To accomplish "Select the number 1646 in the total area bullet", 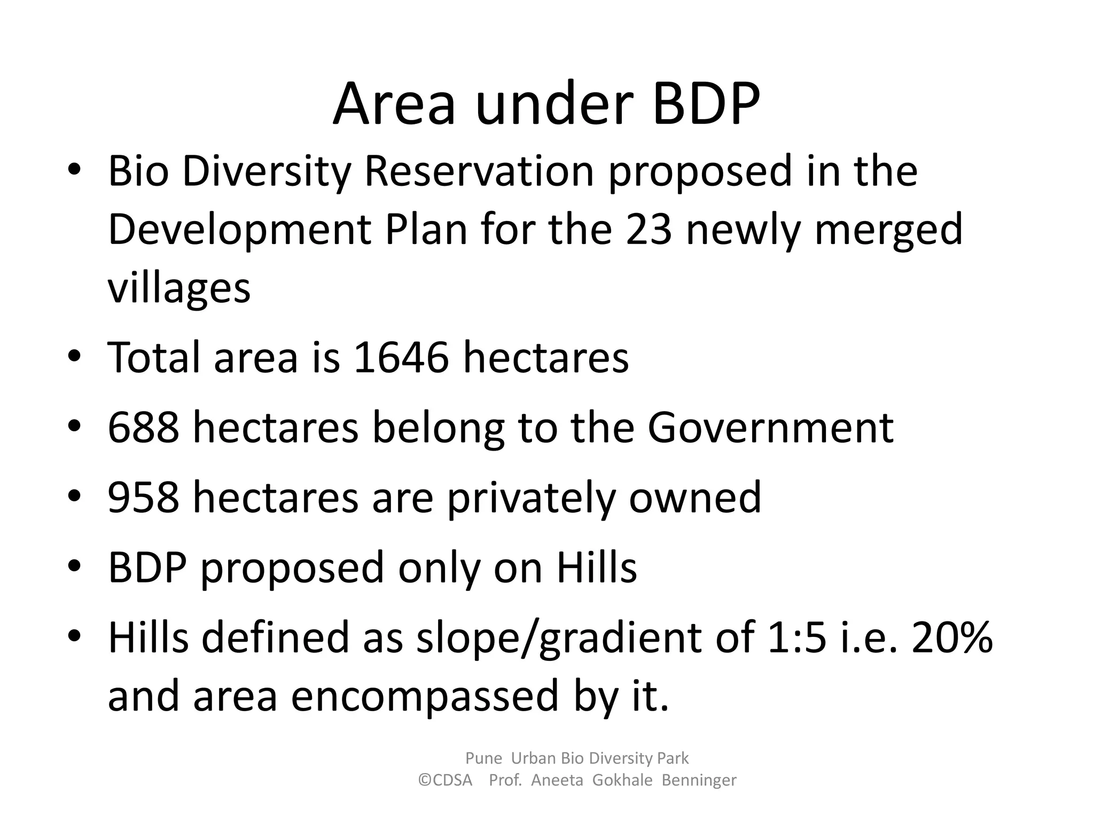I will [401, 357].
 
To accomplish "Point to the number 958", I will [143, 497].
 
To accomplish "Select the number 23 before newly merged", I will [648, 229].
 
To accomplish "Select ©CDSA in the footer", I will [446, 780].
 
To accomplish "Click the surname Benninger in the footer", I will [699, 780].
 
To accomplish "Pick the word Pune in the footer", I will [484, 758].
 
